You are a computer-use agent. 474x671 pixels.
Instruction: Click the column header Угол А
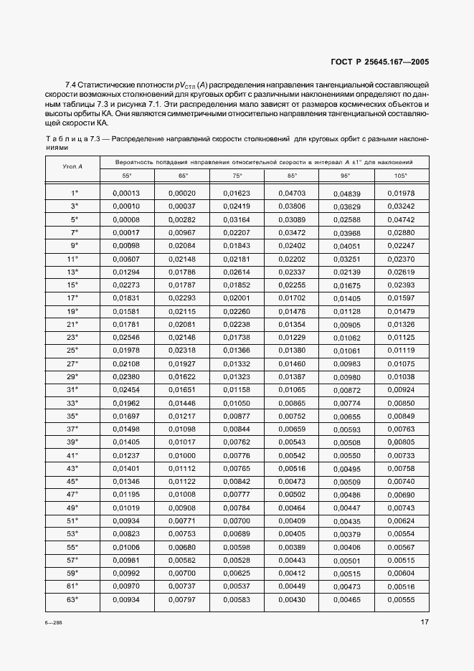72,166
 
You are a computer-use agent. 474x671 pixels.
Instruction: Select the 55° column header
126,175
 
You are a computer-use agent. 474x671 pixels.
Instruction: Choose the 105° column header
400,175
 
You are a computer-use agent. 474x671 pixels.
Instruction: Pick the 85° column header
291,175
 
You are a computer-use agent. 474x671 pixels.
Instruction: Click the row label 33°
72,403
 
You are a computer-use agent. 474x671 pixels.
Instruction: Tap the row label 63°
72,600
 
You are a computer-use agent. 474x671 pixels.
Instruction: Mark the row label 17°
72,298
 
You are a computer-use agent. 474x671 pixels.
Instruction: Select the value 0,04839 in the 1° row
346,194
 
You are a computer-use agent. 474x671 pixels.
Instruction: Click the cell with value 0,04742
401,219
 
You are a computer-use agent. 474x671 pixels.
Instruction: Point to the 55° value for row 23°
126,337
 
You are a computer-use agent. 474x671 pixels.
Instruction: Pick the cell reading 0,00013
126,193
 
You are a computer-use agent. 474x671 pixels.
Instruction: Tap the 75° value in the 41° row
237,455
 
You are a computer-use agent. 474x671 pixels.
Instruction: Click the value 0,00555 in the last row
401,600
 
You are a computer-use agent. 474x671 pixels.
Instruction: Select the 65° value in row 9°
181,245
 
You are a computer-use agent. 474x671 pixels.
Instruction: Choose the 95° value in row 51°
346,521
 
